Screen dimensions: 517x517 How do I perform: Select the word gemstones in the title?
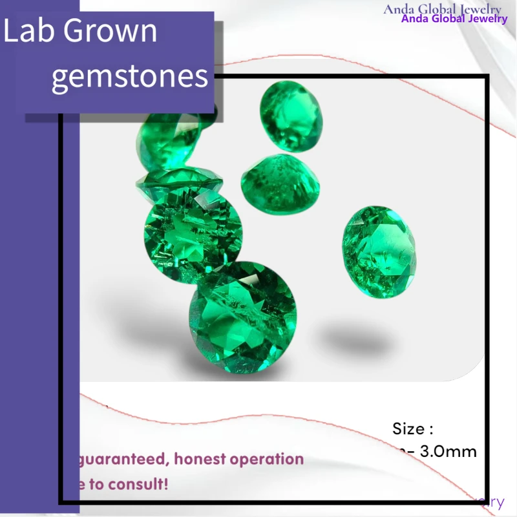129,76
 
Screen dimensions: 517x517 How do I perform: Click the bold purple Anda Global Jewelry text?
454,19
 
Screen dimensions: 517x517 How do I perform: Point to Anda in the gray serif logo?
398,9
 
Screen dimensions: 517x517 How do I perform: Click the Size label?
412,428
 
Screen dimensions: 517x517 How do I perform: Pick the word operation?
268,459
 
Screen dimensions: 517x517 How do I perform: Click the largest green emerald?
242,318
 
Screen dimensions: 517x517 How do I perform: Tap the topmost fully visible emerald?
291,116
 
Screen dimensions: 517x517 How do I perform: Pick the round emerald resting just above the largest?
193,233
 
